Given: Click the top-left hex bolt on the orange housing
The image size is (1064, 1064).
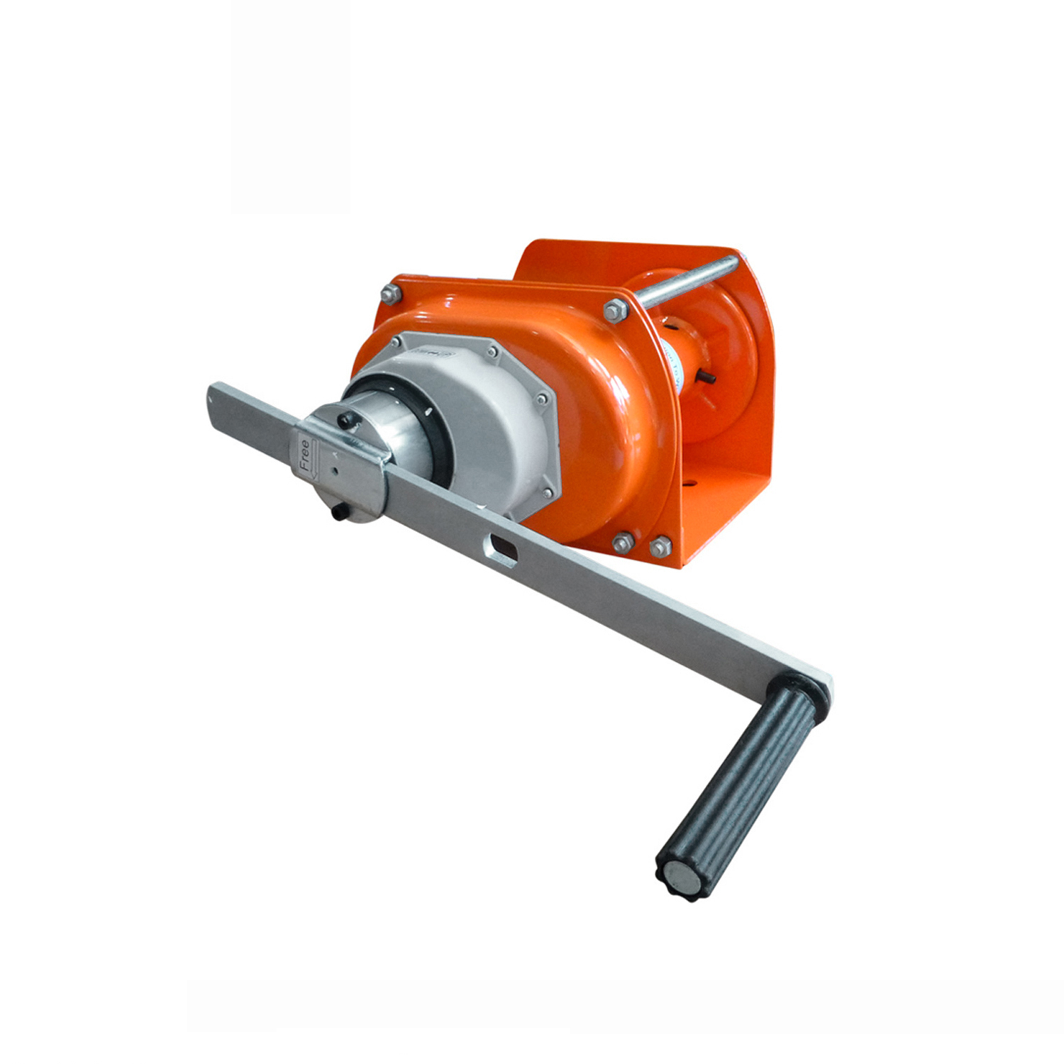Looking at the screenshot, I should pos(389,294).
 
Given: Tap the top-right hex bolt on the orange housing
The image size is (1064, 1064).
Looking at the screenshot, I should pos(615,310).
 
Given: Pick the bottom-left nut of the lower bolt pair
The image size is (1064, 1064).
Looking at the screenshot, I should pos(622,543).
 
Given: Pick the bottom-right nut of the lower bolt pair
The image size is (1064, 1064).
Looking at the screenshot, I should pos(660,547).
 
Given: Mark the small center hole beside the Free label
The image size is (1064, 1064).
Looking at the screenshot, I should pos(333,469).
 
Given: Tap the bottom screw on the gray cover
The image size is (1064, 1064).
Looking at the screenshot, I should pos(546,492).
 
